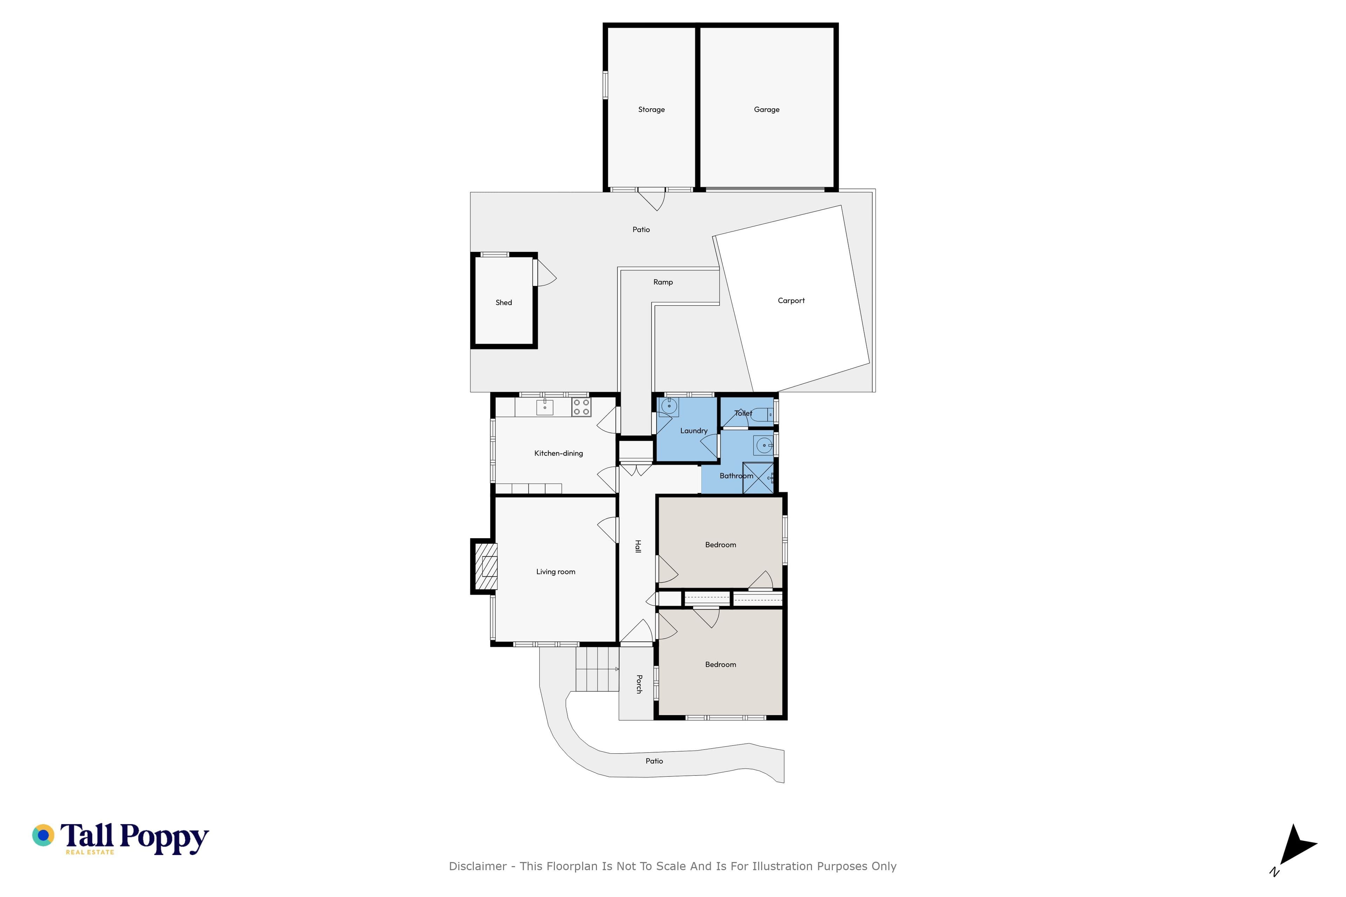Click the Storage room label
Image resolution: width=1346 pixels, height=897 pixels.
651,110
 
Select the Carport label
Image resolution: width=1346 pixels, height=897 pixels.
791,300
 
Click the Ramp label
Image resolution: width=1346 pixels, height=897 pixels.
663,282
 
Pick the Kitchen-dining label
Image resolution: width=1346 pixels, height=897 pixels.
558,453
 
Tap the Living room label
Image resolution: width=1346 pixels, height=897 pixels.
555,571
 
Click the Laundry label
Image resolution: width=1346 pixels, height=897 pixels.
694,431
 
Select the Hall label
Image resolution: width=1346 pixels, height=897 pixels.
638,546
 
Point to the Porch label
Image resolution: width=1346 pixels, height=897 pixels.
639,684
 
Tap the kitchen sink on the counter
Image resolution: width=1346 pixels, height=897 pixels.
544,407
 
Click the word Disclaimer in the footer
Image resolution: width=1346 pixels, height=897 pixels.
477,866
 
